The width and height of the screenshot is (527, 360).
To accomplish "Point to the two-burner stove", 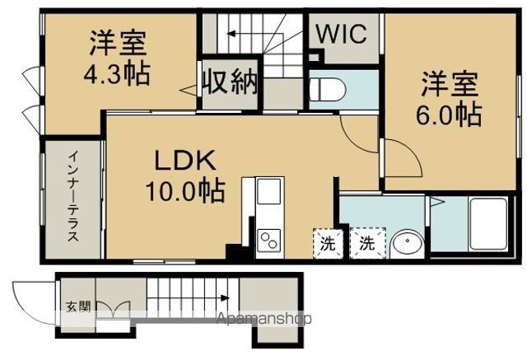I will click(269, 239).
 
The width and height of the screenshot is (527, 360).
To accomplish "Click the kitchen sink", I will click(268, 195).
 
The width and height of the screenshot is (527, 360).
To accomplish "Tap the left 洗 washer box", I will click(327, 243).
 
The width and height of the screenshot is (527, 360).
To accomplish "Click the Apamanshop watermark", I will click(264, 318).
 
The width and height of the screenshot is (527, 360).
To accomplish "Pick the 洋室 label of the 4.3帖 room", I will click(117, 43).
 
